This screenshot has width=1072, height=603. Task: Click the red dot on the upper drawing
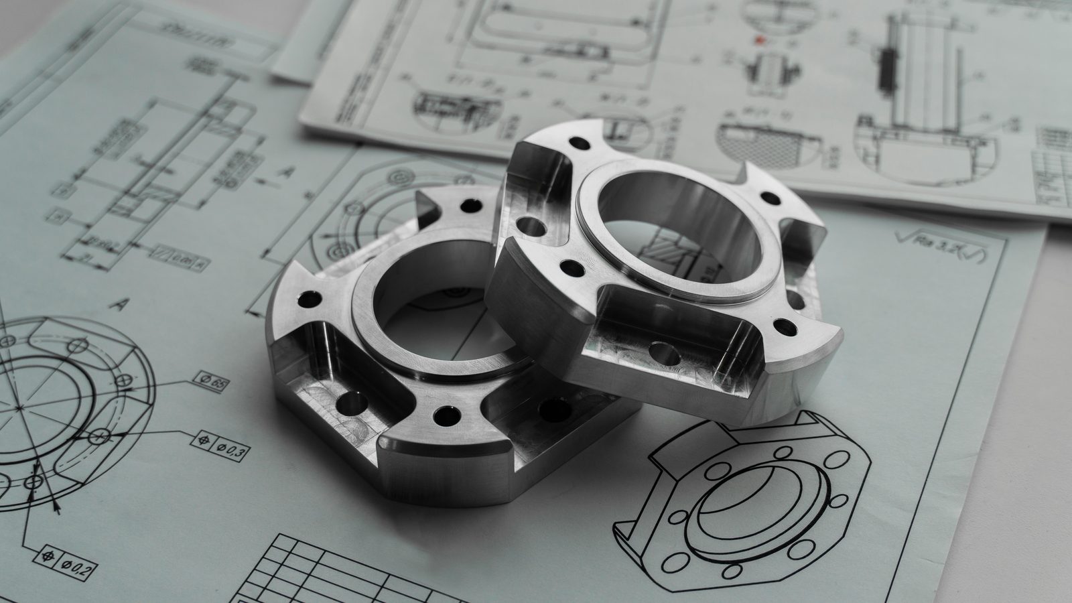[759, 42]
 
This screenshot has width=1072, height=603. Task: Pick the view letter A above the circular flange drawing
[119, 305]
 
